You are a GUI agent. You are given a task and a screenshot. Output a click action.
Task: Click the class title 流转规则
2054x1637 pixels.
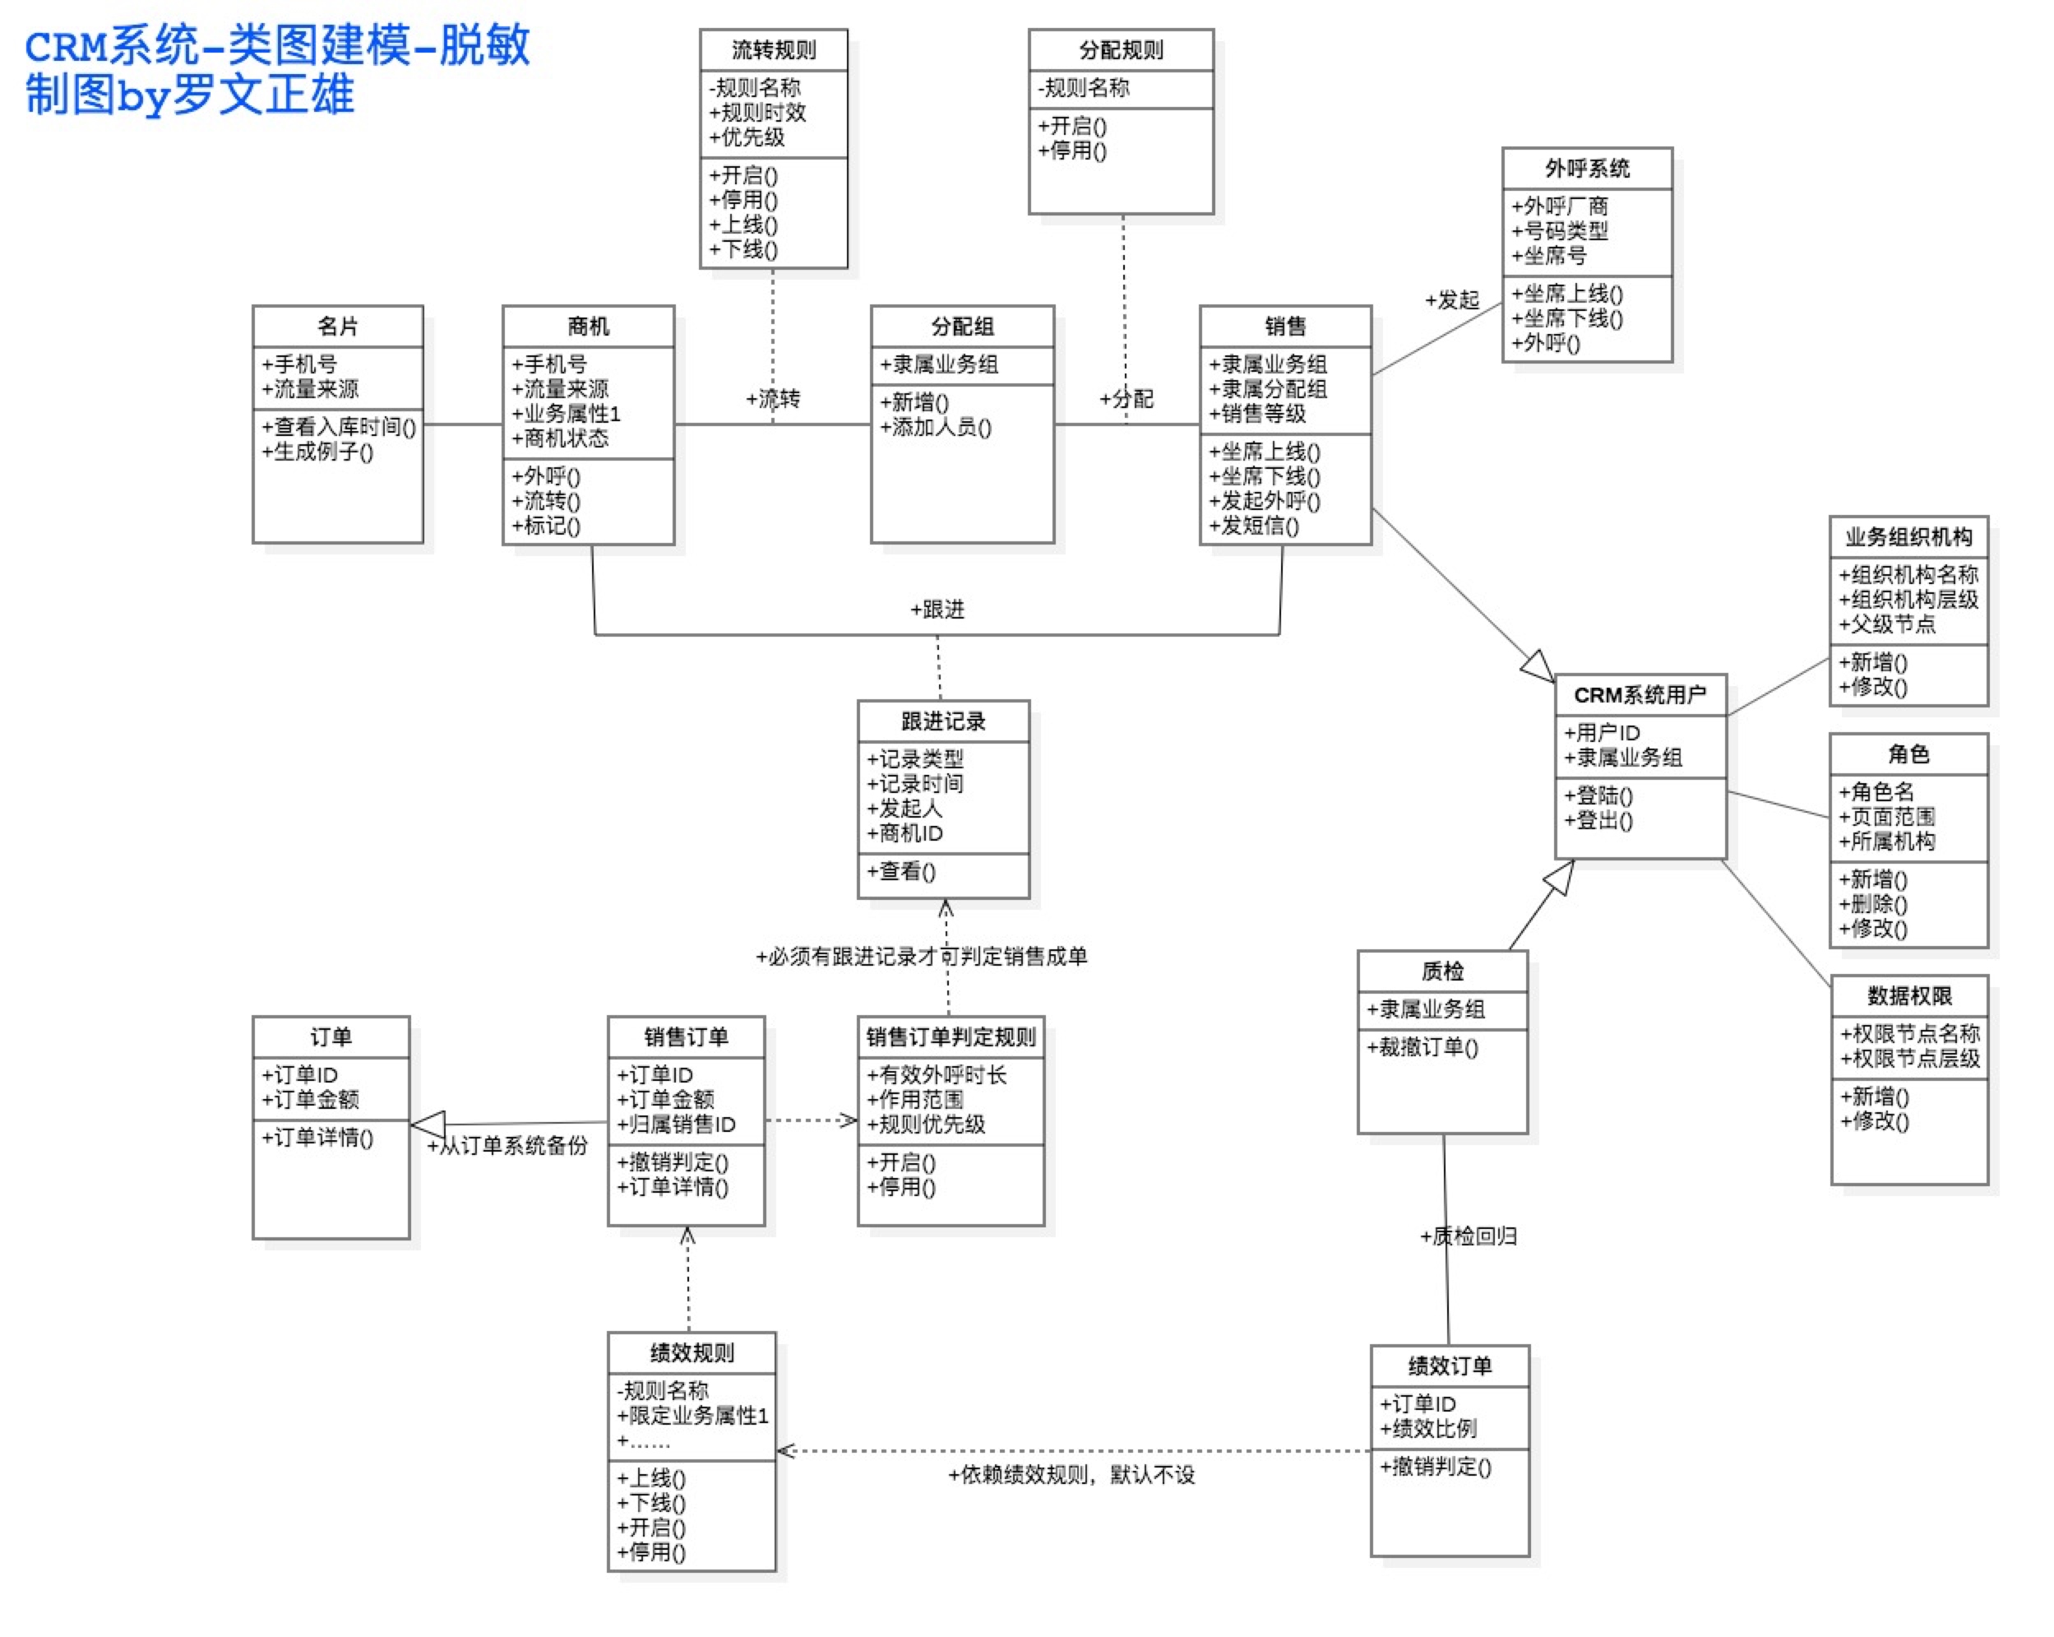[x=773, y=49]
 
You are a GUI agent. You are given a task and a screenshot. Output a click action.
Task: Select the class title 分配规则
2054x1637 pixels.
[x=1121, y=49]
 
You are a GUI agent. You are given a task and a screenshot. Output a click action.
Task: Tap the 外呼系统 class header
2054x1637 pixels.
[x=1586, y=169]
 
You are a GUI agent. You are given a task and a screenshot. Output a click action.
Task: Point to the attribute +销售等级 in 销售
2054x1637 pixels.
[x=1256, y=414]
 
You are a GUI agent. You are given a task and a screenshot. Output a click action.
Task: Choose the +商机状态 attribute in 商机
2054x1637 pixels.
[x=559, y=438]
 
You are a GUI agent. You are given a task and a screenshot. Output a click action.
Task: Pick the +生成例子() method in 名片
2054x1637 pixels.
[x=317, y=452]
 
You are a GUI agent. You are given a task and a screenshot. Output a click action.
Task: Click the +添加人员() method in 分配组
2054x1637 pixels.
[x=935, y=427]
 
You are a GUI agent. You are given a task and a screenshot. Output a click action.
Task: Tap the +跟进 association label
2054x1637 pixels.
[x=937, y=609]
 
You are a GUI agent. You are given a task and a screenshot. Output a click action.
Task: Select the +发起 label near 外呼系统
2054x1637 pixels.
[x=1451, y=300]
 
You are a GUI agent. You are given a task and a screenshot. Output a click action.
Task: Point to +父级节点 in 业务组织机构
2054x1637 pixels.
[x=1886, y=624]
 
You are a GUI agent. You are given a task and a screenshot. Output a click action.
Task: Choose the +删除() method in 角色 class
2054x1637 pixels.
[x=1872, y=903]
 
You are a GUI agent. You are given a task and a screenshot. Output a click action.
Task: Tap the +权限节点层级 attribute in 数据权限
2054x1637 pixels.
[x=1909, y=1058]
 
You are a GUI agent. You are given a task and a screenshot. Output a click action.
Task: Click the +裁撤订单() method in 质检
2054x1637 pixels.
[x=1422, y=1047]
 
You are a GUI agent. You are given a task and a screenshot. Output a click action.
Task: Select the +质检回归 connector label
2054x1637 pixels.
[x=1467, y=1236]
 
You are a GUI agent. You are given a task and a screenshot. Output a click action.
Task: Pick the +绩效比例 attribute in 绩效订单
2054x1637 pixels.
[x=1427, y=1428]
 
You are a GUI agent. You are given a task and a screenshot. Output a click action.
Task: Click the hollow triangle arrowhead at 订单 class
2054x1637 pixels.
[x=428, y=1125]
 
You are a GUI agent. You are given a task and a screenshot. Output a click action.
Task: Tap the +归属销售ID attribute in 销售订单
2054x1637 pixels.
[x=675, y=1125]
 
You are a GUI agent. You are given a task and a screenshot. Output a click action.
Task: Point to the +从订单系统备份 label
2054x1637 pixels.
[x=507, y=1145]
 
